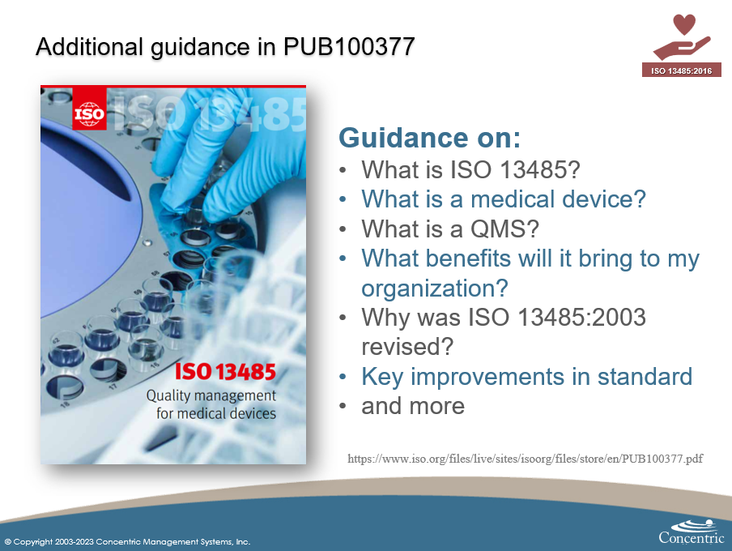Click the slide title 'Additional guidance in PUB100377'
coord(225,48)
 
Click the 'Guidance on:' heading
coord(429,138)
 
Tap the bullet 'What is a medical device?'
coord(503,199)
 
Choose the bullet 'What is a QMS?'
coord(450,229)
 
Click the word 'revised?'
coord(406,346)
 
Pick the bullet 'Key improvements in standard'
coord(526,376)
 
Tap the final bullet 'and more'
coord(413,405)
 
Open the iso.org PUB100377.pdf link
coord(526,459)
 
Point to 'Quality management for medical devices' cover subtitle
coord(211,404)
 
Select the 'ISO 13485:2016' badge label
coord(681,70)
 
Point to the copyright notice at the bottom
coord(127,541)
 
